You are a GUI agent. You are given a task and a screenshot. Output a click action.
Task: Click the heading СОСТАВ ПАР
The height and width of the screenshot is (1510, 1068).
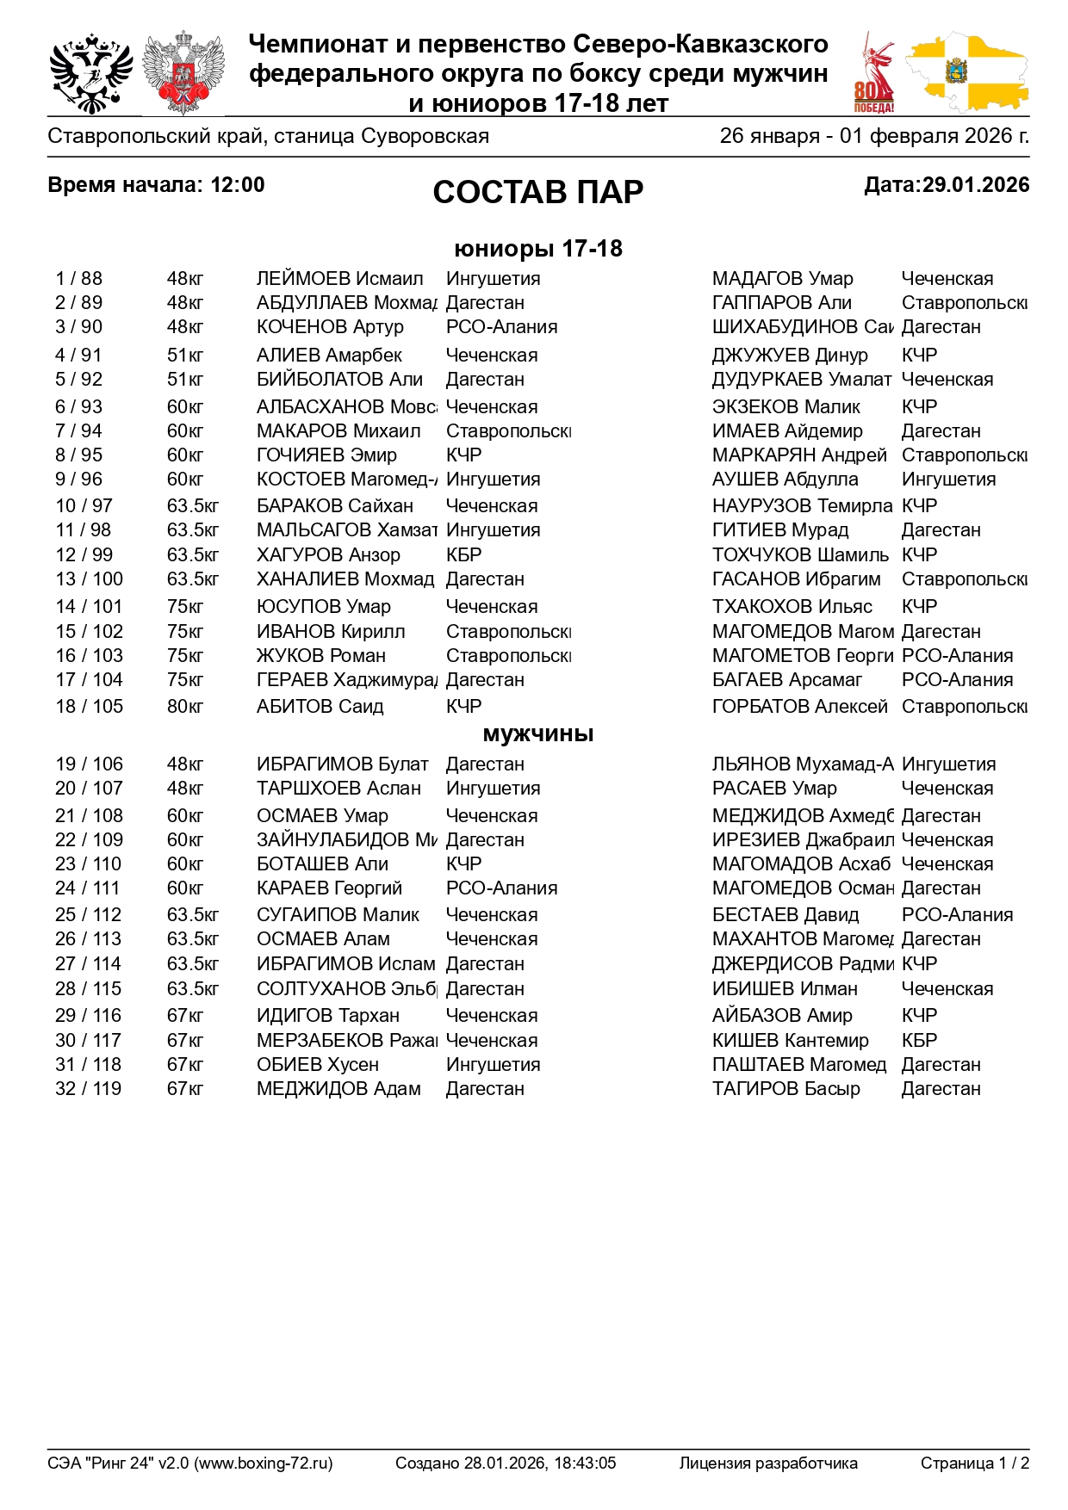pyautogui.click(x=537, y=191)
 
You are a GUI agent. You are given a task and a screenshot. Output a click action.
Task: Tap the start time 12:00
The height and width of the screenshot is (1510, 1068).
pyautogui.click(x=237, y=185)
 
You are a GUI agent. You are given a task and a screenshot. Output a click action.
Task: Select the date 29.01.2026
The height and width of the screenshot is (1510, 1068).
pyautogui.click(x=975, y=185)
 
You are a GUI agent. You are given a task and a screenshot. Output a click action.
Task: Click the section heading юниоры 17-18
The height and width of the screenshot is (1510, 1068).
pyautogui.click(x=537, y=249)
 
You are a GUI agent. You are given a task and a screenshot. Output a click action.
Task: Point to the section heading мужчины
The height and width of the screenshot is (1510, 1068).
pyautogui.click(x=537, y=734)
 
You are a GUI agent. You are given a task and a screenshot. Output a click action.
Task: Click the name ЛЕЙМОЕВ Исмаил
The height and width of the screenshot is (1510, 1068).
pyautogui.click(x=339, y=279)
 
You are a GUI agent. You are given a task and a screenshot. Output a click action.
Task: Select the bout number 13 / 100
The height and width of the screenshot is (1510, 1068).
pyautogui.click(x=89, y=579)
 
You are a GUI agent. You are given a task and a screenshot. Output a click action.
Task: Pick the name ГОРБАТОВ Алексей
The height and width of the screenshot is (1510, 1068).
pyautogui.click(x=799, y=707)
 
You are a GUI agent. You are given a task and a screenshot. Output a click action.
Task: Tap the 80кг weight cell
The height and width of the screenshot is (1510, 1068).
pyautogui.click(x=185, y=707)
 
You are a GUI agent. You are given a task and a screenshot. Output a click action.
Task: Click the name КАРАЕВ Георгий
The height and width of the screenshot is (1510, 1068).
pyautogui.click(x=329, y=888)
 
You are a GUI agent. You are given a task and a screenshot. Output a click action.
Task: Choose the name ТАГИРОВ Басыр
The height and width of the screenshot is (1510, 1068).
pyautogui.click(x=785, y=1089)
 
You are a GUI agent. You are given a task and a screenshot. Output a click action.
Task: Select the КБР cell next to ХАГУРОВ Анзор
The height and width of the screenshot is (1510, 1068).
pyautogui.click(x=463, y=555)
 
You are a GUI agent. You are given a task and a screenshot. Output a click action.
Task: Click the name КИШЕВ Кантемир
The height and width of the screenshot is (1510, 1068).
pyautogui.click(x=790, y=1041)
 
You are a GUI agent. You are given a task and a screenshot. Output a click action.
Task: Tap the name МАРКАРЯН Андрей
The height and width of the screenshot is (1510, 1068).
pyautogui.click(x=798, y=455)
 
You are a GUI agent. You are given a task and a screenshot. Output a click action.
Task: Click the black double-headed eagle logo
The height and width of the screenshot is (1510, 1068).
pyautogui.click(x=90, y=74)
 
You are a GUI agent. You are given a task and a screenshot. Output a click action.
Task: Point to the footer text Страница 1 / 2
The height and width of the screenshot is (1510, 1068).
pyautogui.click(x=974, y=1463)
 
